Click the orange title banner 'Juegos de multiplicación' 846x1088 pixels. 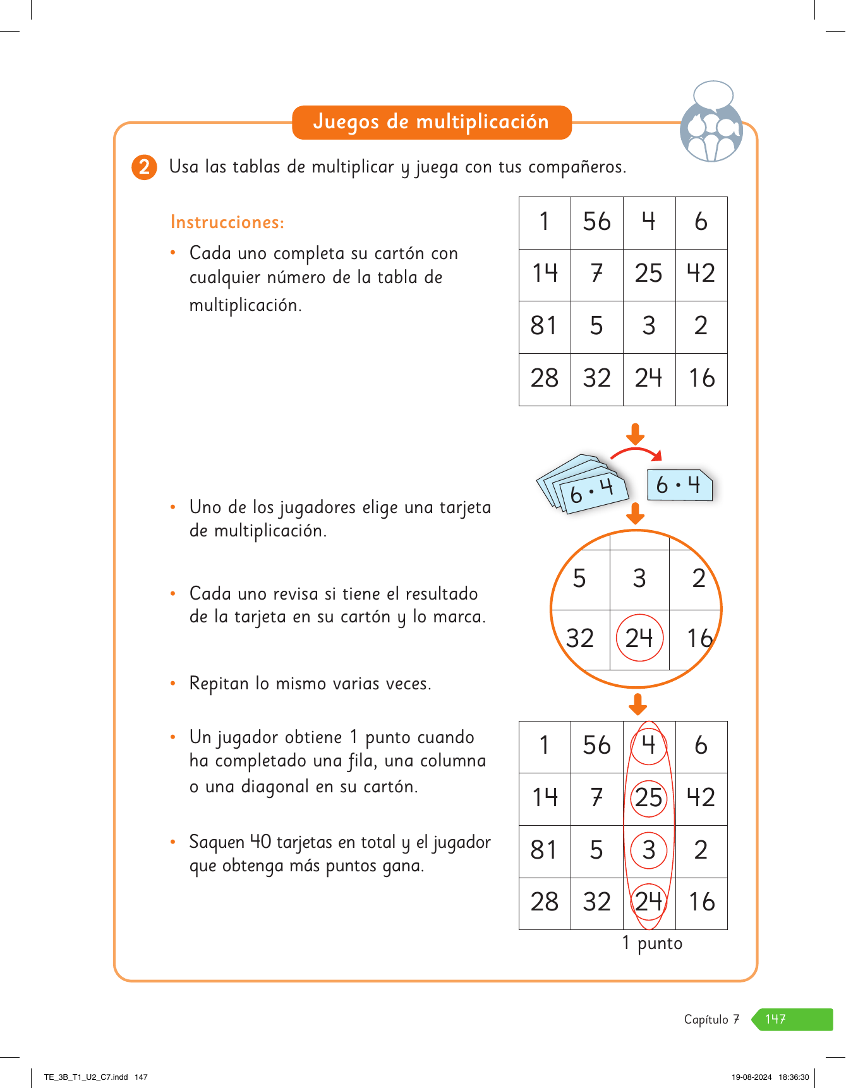432,122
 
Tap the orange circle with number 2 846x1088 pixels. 144,167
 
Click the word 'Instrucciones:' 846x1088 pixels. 227,222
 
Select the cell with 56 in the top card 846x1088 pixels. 596,222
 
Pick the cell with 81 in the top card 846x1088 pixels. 544,327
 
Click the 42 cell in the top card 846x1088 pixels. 701,274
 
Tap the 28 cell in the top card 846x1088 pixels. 544,379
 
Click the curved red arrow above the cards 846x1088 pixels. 636,453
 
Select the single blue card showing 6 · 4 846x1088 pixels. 679,485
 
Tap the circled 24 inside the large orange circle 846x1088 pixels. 639,638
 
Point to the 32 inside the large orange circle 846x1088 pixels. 579,639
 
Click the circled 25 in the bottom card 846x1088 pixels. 648,799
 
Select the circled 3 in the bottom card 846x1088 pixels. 648,851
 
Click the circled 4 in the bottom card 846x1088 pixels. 648,746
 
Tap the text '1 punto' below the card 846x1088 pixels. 652,943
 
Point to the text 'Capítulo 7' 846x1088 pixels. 711,1019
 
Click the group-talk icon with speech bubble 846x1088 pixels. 711,123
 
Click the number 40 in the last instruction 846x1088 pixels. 260,842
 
